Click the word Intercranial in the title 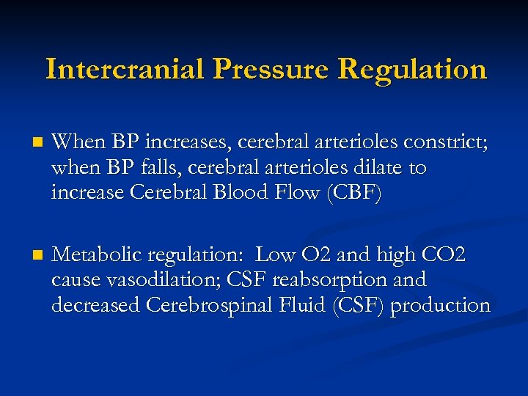(x=124, y=69)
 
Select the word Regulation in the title (x=413, y=69)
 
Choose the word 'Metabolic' (x=98, y=256)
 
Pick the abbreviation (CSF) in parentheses (x=356, y=304)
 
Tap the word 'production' (x=440, y=305)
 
